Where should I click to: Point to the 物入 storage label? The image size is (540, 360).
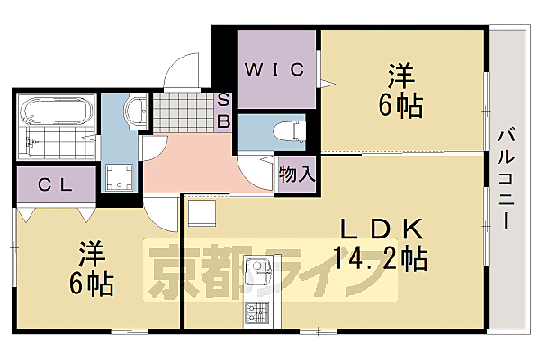296,173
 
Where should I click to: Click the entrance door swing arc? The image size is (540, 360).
184,72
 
